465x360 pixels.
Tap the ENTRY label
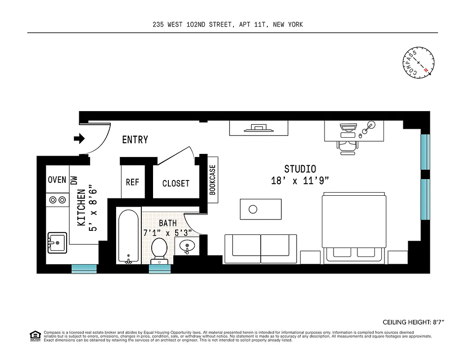(135, 140)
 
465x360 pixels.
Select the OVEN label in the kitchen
(57, 180)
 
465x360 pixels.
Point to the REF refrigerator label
(132, 182)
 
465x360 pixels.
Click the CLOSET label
(176, 183)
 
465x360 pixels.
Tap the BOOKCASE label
(212, 179)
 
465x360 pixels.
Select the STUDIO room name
(300, 169)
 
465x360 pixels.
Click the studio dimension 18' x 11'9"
(300, 181)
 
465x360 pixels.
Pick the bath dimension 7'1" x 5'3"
(167, 233)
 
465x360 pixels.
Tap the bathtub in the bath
(128, 236)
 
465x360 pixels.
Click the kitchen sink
(57, 243)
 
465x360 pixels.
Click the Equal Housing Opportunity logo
(34, 335)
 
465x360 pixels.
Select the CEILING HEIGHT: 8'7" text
(413, 322)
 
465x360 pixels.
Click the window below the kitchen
(84, 269)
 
